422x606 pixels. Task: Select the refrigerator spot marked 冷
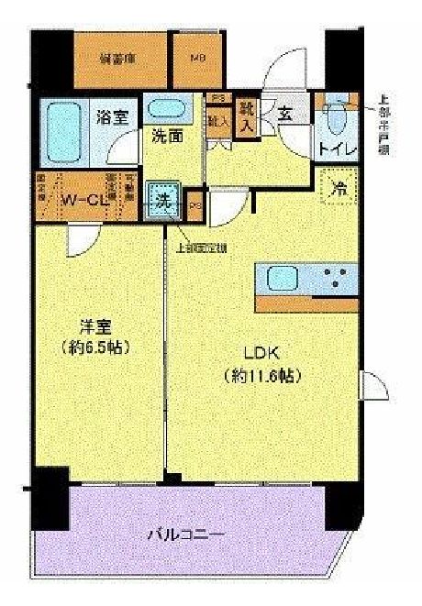(339, 189)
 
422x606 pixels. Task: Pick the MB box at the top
(197, 58)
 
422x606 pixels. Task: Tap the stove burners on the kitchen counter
(337, 278)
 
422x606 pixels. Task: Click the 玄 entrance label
(285, 114)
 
